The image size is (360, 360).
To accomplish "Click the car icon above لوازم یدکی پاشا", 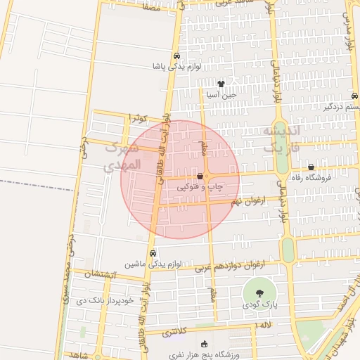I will pyautogui.click(x=176, y=56).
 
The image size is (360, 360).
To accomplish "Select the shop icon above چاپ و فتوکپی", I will pyautogui.click(x=200, y=176).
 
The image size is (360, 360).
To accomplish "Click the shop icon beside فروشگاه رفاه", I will pyautogui.click(x=311, y=167).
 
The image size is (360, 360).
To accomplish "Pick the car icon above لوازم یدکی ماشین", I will pyautogui.click(x=153, y=254).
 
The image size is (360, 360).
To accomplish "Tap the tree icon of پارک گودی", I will pyautogui.click(x=261, y=292).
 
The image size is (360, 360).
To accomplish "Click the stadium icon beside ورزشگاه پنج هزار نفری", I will pyautogui.click(x=205, y=344).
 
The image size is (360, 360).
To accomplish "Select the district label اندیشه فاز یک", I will pyautogui.click(x=281, y=140).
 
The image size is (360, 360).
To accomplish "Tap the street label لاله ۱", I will pyautogui.click(x=264, y=325).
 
